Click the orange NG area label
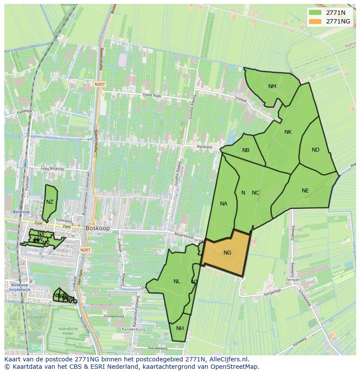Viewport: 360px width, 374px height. [x=227, y=253]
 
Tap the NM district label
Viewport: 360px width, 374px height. [x=272, y=86]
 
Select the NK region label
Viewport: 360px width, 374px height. [x=288, y=132]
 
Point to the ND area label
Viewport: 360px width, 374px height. [x=316, y=150]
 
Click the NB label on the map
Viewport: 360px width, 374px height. [x=246, y=150]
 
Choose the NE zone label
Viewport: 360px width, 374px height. [x=305, y=191]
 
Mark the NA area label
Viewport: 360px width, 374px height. [x=223, y=204]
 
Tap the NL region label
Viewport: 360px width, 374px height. [x=177, y=281]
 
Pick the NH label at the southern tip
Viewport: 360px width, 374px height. [x=180, y=328]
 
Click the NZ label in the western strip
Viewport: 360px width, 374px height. [x=50, y=202]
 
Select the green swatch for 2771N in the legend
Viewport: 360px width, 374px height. [x=315, y=12]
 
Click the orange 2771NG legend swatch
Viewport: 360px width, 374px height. [x=315, y=21]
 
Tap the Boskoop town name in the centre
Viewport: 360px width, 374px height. [x=98, y=228]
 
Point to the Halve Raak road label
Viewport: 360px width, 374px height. [x=152, y=95]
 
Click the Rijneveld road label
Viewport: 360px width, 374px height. [x=204, y=147]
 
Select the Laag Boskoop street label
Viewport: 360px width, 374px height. [x=52, y=169]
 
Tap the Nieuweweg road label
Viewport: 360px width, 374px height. [x=157, y=348]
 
